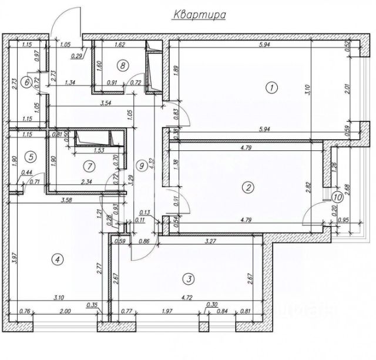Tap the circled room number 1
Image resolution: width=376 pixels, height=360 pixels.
(x=271, y=88)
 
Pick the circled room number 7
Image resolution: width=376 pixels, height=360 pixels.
(x=121, y=65)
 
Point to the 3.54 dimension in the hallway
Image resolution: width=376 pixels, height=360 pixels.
(x=106, y=103)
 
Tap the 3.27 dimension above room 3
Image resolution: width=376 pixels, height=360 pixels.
(x=209, y=241)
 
